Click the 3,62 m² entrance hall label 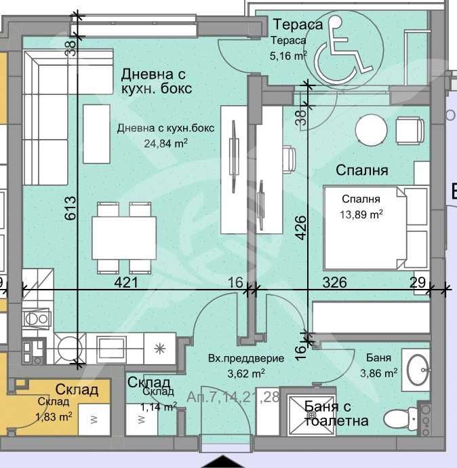(237, 373)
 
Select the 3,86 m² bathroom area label (377, 373)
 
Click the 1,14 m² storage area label (159, 407)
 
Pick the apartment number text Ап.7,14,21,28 (235, 397)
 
